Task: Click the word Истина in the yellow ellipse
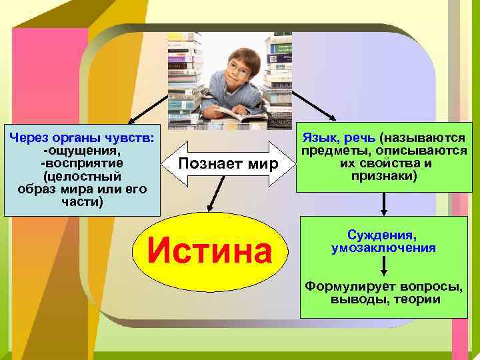pyautogui.click(x=210, y=252)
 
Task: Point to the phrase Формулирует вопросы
pyautogui.click(x=383, y=287)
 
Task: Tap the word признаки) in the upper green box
pyautogui.click(x=383, y=176)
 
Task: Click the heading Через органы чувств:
pyautogui.click(x=83, y=138)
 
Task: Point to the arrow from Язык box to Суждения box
pyautogui.click(x=383, y=203)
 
